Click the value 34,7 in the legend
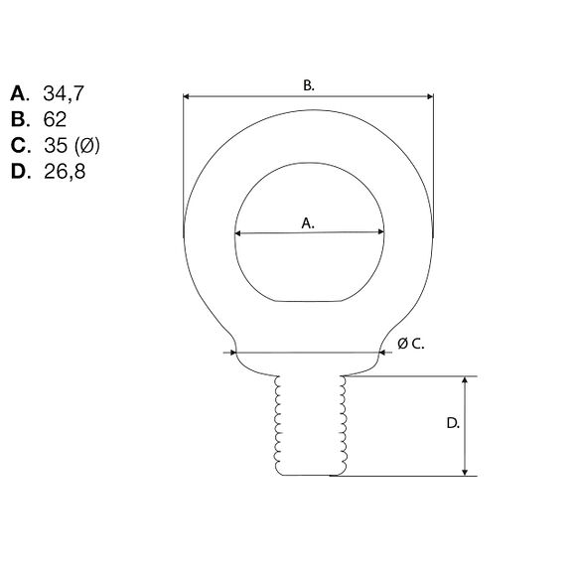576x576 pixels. click(64, 93)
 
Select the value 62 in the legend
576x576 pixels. click(55, 119)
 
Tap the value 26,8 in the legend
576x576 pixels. click(65, 172)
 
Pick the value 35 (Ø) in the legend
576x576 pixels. click(72, 145)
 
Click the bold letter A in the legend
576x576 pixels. click(18, 93)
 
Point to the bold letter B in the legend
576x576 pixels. click(18, 119)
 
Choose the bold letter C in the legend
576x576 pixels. click(18, 145)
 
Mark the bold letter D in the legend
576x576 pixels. click(19, 172)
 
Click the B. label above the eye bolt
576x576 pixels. click(309, 85)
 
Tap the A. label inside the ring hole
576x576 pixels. click(308, 223)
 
